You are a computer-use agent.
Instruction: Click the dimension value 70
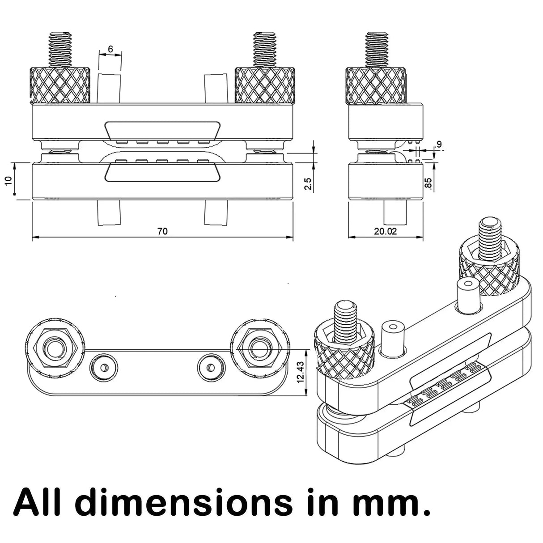pos(162,231)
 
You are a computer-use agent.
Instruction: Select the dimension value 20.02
pos(386,231)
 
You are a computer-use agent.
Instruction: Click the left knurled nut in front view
pos(59,85)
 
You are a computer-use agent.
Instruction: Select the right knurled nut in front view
pos(265,85)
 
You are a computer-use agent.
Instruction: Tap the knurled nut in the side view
pos(376,85)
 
